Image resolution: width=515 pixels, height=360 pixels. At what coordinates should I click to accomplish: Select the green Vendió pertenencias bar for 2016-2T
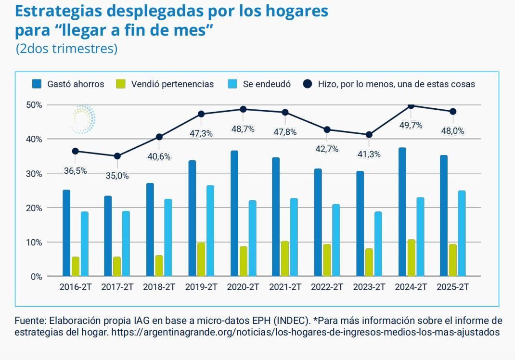click(x=75, y=266)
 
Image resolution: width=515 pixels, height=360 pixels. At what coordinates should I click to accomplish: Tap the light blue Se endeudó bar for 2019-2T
click(x=210, y=231)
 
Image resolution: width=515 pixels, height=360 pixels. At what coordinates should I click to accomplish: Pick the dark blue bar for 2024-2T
click(x=402, y=212)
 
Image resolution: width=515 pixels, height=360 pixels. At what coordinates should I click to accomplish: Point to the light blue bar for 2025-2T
click(x=462, y=233)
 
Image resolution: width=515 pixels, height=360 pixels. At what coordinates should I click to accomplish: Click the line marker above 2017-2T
click(x=117, y=156)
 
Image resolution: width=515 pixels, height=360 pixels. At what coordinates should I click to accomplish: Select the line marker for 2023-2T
click(x=369, y=135)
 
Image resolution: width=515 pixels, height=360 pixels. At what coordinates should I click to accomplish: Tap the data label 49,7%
click(x=411, y=125)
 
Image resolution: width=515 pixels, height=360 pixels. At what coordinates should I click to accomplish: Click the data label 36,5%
click(x=75, y=171)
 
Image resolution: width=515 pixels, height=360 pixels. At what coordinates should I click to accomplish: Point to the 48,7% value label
click(x=243, y=129)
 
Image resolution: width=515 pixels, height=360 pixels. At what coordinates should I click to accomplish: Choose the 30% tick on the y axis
click(x=33, y=174)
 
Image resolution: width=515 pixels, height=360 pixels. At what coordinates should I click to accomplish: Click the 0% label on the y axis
click(x=36, y=277)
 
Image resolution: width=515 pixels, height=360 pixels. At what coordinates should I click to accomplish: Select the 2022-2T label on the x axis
click(x=327, y=287)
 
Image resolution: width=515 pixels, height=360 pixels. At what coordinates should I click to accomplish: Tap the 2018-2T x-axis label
click(x=159, y=287)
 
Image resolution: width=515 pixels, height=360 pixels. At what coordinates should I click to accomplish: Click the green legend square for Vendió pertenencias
click(x=120, y=84)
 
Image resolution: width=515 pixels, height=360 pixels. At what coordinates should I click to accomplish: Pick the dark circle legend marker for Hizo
click(x=308, y=84)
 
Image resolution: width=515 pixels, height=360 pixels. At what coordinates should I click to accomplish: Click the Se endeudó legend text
click(x=267, y=84)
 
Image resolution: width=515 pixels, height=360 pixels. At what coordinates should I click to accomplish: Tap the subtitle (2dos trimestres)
click(x=66, y=49)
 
